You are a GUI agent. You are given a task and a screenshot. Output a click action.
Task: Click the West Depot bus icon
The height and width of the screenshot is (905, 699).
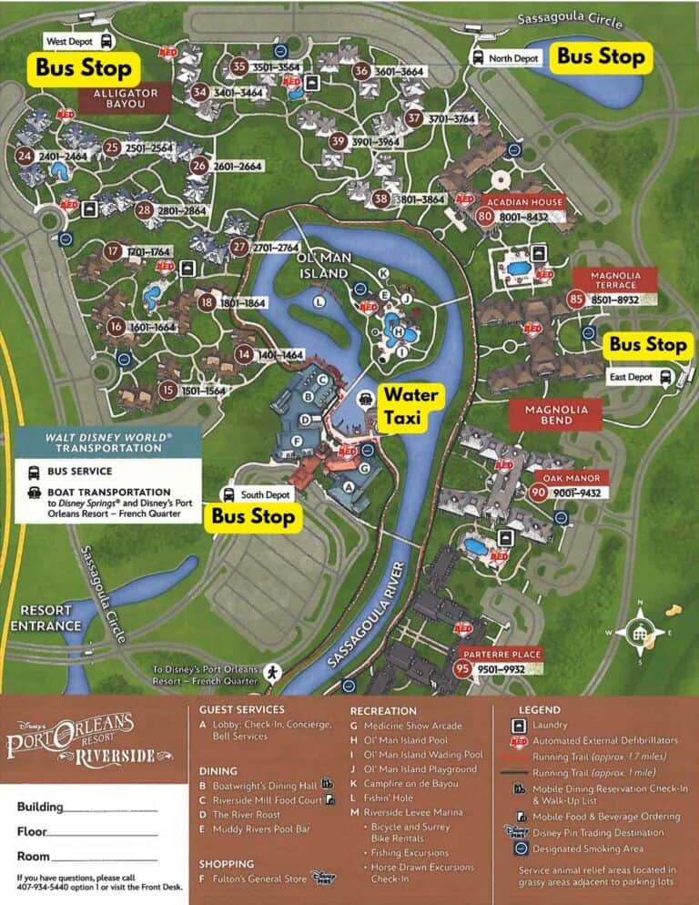tap(106, 41)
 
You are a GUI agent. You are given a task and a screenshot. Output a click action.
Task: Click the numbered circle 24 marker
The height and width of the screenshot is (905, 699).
tap(25, 157)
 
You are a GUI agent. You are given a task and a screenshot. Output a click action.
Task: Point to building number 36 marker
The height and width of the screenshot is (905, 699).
tap(361, 72)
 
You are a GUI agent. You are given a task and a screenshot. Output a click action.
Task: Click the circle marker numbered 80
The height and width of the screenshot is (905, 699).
tap(484, 217)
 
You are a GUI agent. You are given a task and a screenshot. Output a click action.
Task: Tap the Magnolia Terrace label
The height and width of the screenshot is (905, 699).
tap(616, 280)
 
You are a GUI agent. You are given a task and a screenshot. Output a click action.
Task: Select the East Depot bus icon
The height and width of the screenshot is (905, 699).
tap(666, 375)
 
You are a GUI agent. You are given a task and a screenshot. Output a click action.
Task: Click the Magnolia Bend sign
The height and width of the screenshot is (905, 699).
tap(556, 414)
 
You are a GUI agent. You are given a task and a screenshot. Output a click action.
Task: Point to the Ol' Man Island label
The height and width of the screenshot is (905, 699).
tap(324, 266)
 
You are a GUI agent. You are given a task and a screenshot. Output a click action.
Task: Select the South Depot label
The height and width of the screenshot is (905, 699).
tap(265, 494)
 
